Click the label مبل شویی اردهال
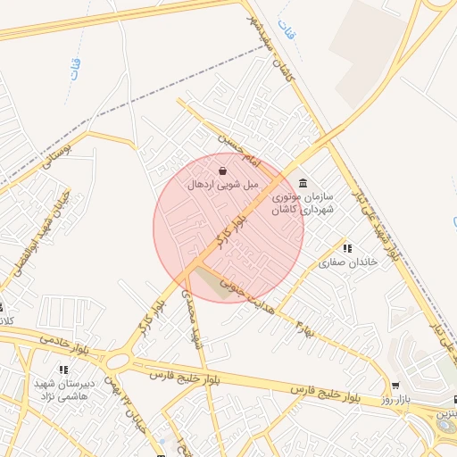point(222,185)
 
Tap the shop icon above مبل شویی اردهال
point(222,170)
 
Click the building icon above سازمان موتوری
point(303,179)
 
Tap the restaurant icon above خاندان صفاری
point(347,248)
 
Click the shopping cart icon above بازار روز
point(395,386)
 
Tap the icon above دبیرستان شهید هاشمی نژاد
point(62,369)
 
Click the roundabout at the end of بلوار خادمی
point(116,361)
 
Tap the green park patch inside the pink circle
point(211,283)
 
